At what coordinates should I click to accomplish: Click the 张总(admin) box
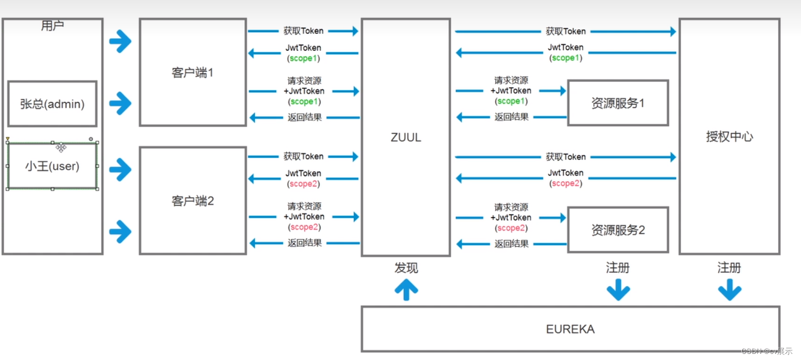click(x=52, y=104)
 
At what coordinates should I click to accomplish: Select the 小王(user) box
click(x=52, y=166)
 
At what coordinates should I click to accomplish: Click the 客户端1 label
click(x=192, y=73)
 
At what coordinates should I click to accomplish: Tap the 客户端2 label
click(x=192, y=201)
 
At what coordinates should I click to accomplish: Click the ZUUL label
click(x=405, y=138)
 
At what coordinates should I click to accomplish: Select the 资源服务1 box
click(x=617, y=103)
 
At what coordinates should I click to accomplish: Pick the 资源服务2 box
click(x=617, y=230)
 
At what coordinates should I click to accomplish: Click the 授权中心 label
click(x=729, y=137)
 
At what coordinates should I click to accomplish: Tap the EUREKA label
click(x=570, y=329)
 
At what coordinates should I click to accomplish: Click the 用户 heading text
click(x=52, y=26)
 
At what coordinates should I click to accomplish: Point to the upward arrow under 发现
click(x=406, y=289)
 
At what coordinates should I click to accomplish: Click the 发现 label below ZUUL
click(x=406, y=268)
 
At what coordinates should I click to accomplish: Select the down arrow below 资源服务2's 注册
click(x=618, y=289)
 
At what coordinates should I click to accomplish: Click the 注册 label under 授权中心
click(x=729, y=268)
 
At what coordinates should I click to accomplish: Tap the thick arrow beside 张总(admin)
click(x=120, y=103)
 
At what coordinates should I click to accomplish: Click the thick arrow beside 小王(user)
click(x=120, y=169)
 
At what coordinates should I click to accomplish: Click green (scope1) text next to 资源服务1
click(x=512, y=101)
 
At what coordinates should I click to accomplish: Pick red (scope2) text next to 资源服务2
click(x=512, y=228)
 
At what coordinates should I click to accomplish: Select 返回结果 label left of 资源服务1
click(x=511, y=117)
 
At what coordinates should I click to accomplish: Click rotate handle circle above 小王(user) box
click(x=91, y=139)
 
